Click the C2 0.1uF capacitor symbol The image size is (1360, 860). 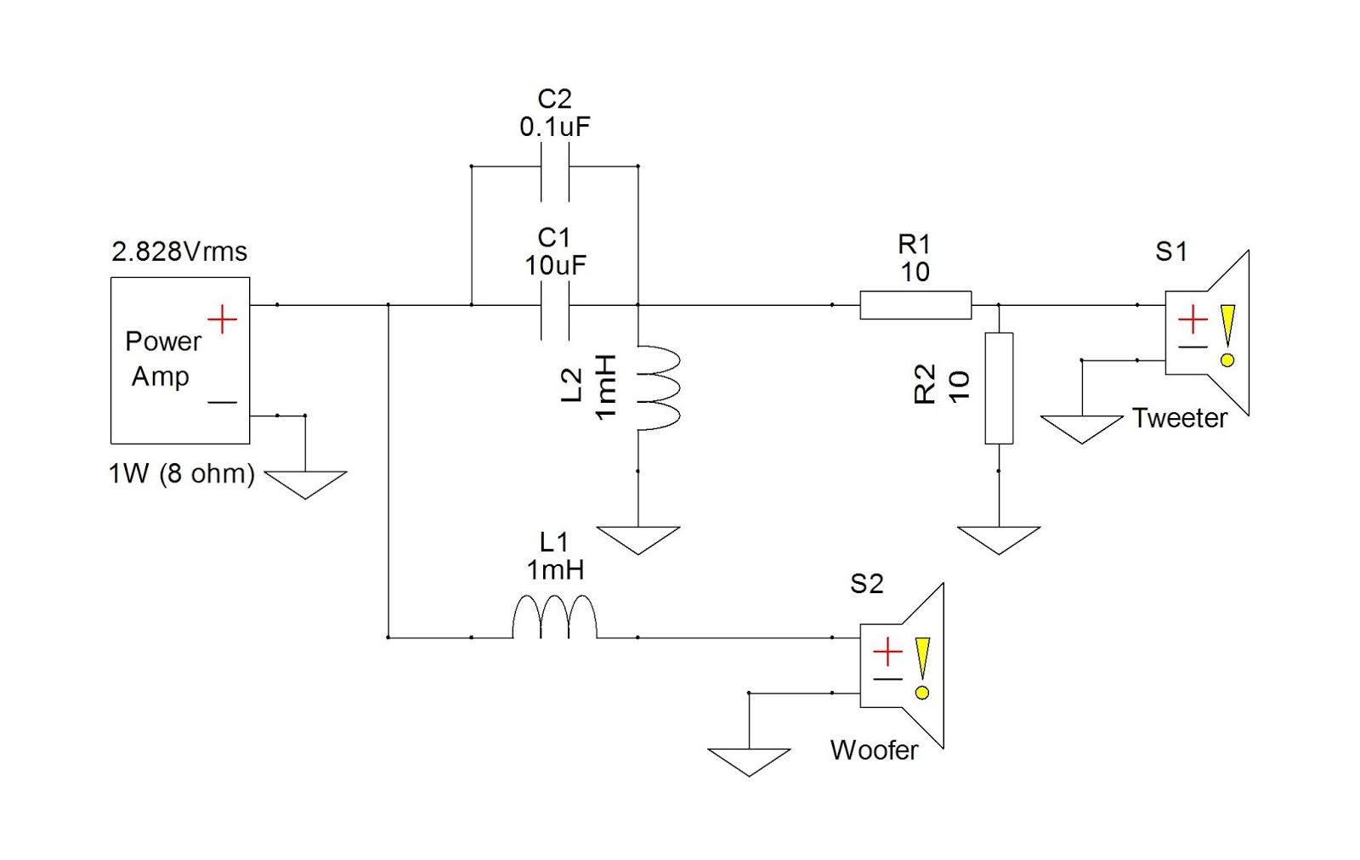(554, 172)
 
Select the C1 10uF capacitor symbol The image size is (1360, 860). (554, 310)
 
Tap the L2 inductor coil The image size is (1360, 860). (658, 388)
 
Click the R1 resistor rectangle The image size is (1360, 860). (915, 305)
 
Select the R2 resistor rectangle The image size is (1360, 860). (999, 388)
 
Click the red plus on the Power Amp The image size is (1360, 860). (222, 320)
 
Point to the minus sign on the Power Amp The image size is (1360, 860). (222, 402)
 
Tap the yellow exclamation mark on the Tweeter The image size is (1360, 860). (1227, 335)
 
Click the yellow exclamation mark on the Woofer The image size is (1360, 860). (922, 668)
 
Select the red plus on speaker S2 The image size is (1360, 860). (887, 653)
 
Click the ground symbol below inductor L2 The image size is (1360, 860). (638, 539)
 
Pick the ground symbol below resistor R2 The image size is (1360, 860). (999, 539)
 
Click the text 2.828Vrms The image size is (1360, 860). (179, 252)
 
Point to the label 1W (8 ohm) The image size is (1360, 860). (181, 473)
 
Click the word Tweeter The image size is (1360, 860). (1179, 418)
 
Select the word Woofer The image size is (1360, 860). (874, 750)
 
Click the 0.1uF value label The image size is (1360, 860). (554, 127)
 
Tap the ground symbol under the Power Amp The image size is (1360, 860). (305, 484)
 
